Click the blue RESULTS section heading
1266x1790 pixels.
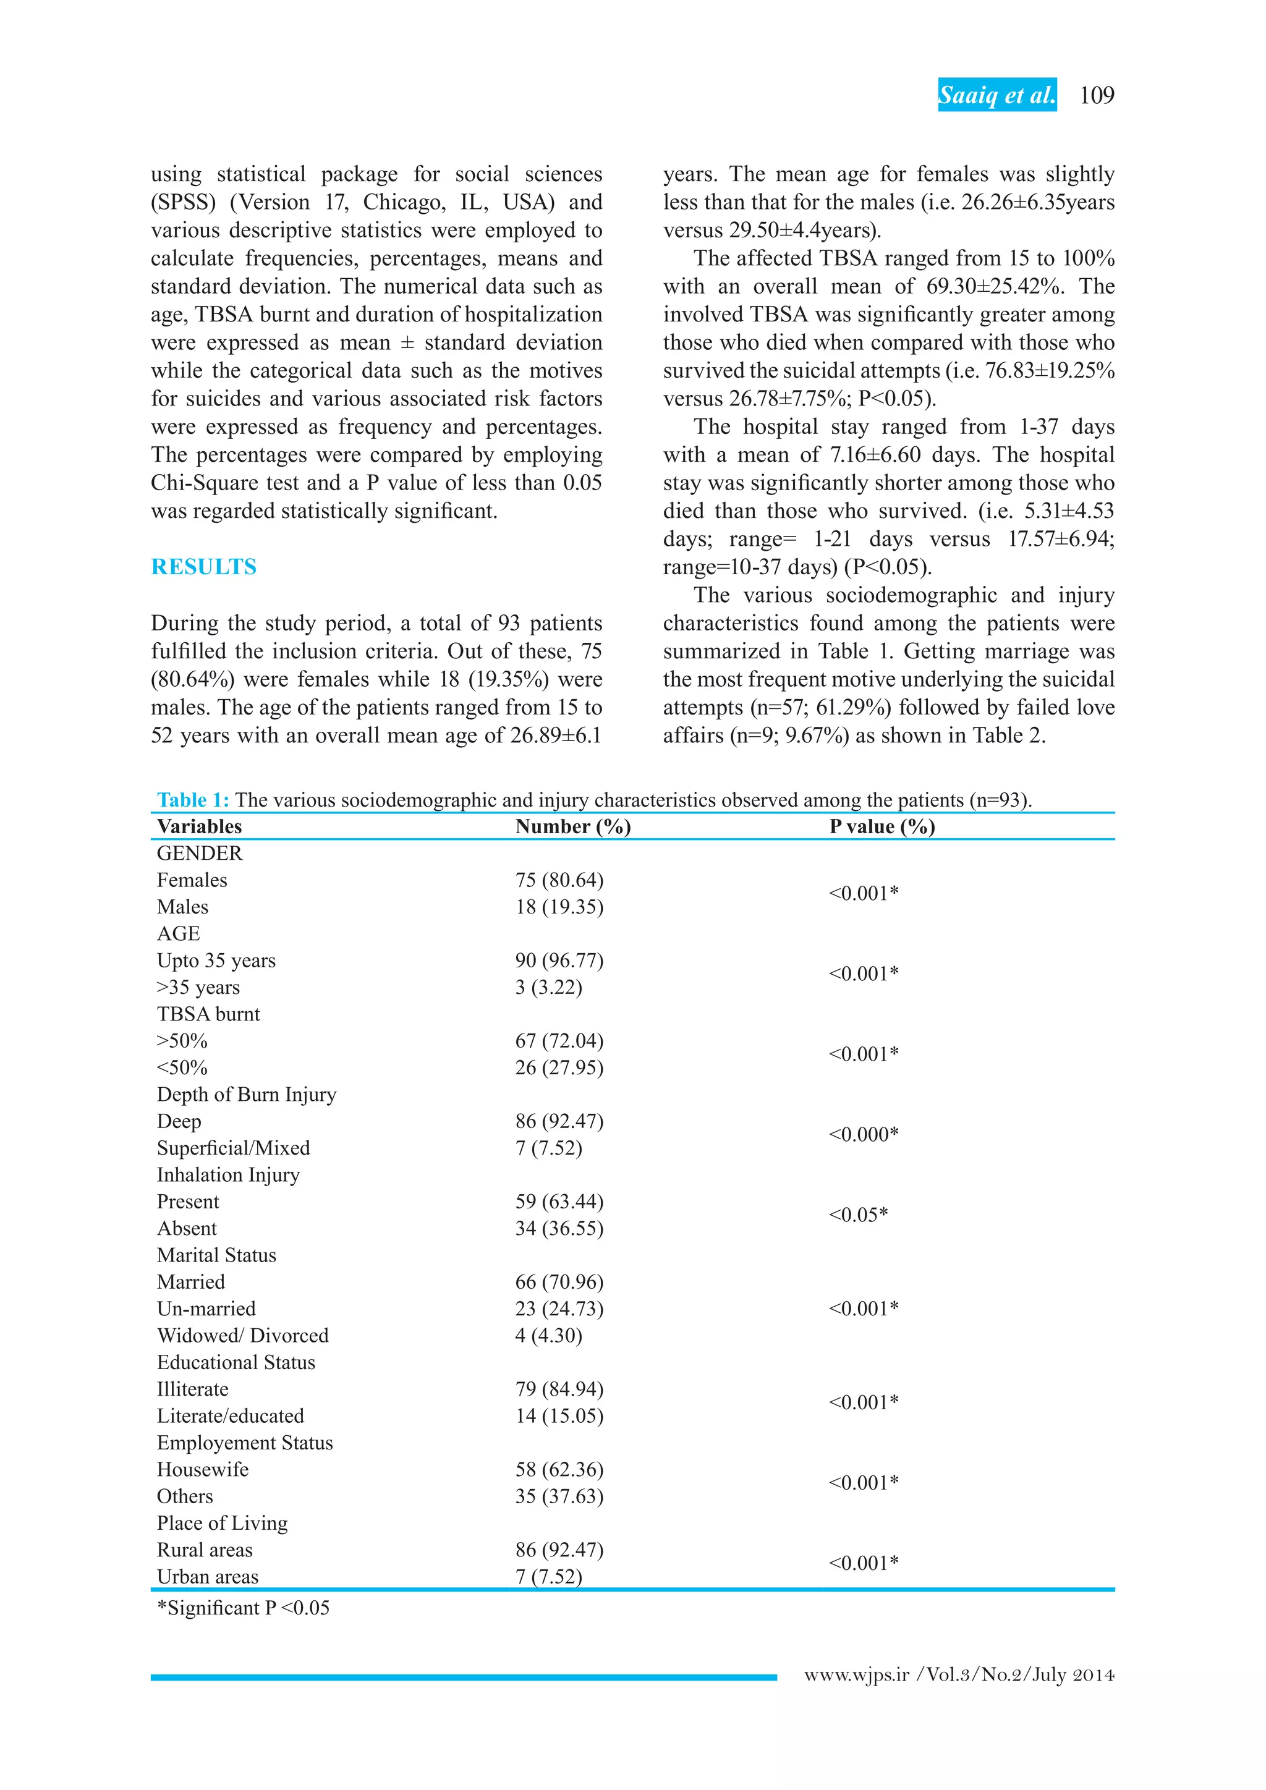(203, 567)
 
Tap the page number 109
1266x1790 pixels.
(1097, 95)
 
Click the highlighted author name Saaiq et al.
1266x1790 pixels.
(996, 95)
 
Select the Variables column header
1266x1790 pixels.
(200, 826)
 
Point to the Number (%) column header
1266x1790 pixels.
(573, 826)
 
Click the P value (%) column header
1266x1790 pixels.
(882, 826)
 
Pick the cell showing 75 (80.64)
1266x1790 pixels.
(559, 880)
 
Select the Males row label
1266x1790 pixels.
(182, 907)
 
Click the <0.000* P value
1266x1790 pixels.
(863, 1134)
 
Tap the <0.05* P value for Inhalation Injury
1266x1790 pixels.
(858, 1215)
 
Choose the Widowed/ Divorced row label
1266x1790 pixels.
(242, 1336)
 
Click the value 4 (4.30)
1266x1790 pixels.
(548, 1336)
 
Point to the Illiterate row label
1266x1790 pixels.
(192, 1389)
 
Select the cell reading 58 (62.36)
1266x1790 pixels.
(559, 1470)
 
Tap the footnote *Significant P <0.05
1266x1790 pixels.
(243, 1608)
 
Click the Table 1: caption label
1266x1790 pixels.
(192, 800)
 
